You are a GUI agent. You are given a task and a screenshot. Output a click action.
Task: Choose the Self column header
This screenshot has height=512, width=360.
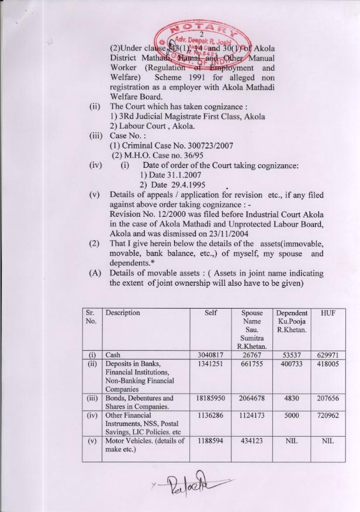pyautogui.click(x=211, y=313)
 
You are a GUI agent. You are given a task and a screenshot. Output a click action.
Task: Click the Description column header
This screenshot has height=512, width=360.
pyautogui.click(x=123, y=313)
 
